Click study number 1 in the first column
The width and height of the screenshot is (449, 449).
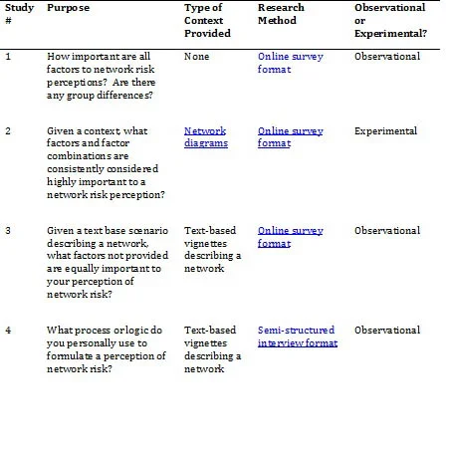[8, 57]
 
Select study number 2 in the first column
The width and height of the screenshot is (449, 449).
[9, 130]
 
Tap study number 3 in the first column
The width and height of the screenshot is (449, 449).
[9, 230]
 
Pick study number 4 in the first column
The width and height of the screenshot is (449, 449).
[9, 330]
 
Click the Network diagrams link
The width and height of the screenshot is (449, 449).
[206, 136]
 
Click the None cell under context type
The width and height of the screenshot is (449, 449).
[196, 57]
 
